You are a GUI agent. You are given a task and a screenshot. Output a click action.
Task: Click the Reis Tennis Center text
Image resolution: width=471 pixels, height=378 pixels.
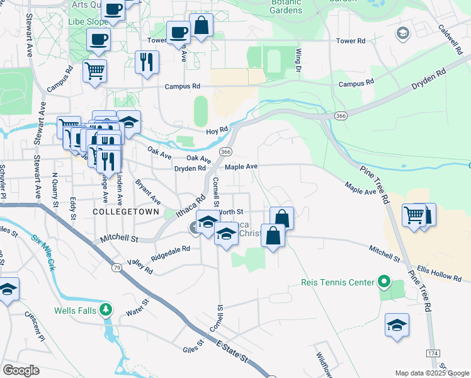338,282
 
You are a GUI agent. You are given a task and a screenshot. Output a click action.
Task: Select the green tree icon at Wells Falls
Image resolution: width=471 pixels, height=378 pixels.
106,309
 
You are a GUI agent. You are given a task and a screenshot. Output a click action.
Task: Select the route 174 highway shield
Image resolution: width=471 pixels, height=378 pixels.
432,353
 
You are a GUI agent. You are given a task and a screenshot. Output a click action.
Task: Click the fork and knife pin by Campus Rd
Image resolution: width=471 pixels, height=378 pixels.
147,62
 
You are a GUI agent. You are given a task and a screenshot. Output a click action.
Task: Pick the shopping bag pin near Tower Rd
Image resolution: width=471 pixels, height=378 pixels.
201,26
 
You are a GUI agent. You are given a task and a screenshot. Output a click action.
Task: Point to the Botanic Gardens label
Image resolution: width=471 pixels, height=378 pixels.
287,7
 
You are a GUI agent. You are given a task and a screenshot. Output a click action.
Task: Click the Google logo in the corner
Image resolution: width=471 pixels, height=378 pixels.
21,370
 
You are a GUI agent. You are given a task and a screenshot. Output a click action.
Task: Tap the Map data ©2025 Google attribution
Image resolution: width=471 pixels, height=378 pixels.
431,373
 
